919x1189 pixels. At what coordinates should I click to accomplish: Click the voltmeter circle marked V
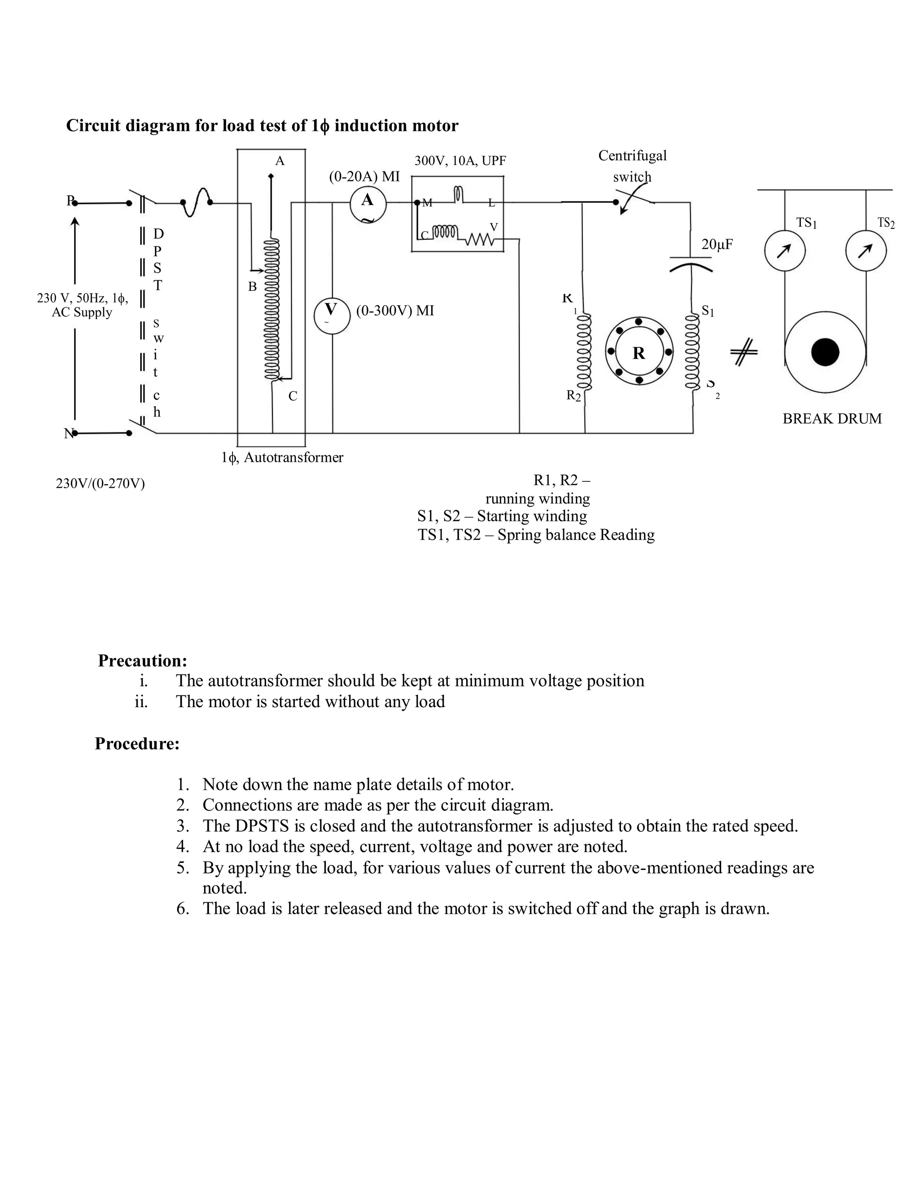click(x=332, y=316)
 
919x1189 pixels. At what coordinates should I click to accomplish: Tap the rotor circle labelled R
click(x=639, y=352)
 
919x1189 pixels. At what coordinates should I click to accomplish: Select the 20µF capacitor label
click(x=717, y=245)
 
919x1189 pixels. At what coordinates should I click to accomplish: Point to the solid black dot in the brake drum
click(x=825, y=352)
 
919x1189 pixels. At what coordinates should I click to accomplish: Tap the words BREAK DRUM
click(x=832, y=419)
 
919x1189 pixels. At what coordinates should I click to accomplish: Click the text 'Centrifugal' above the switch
click(x=632, y=156)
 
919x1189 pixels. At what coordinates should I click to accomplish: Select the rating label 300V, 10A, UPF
click(x=460, y=161)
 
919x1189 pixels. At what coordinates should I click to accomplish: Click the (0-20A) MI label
click(x=364, y=176)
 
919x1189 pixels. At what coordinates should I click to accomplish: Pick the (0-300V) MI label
click(x=395, y=311)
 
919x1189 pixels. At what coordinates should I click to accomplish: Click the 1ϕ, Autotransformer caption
click(x=282, y=457)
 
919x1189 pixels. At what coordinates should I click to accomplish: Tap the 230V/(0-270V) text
click(x=100, y=483)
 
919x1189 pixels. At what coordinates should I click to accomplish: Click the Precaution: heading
click(x=143, y=660)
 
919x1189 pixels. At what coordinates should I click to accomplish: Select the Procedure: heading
click(x=137, y=743)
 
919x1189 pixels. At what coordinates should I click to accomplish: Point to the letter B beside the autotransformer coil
click(x=252, y=286)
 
